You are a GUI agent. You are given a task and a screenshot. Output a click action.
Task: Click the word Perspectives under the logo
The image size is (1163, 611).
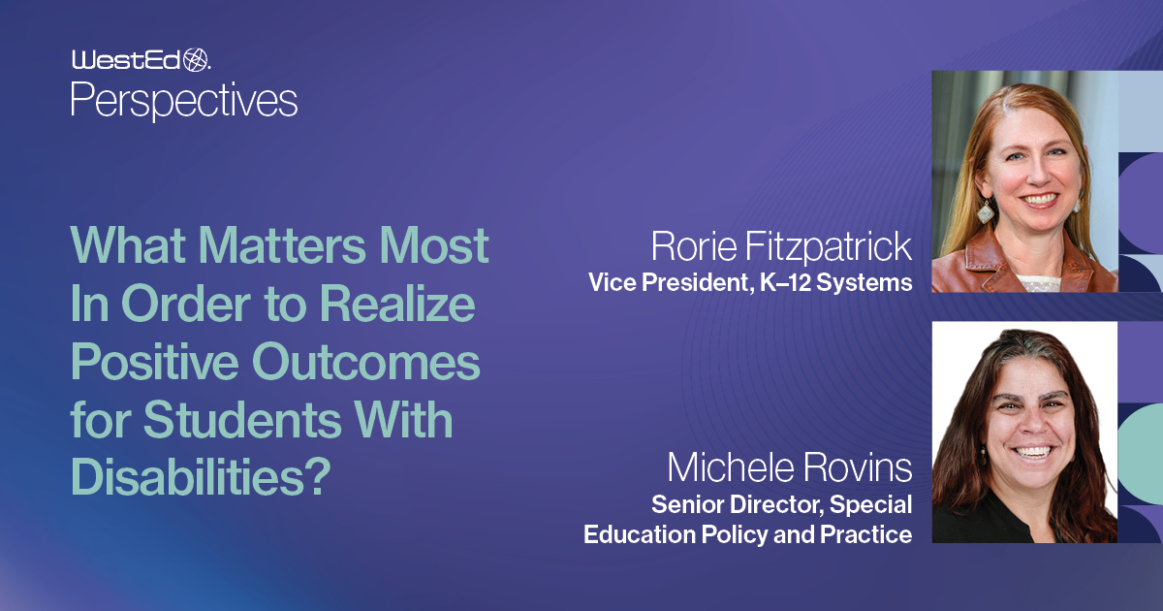184,100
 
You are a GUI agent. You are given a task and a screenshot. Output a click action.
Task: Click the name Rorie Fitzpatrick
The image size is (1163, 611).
781,247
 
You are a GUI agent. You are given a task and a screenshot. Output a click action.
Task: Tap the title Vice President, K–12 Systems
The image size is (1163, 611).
750,283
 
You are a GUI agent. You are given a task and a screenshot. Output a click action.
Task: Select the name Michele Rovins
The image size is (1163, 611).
790,469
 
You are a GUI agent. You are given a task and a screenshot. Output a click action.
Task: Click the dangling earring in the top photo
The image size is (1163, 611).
985,211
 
